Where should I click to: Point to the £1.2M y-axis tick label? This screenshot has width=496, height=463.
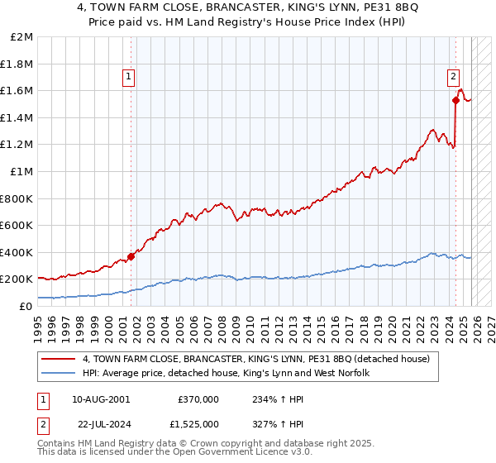pyautogui.click(x=17, y=145)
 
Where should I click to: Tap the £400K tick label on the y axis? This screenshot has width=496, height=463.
pyautogui.click(x=16, y=252)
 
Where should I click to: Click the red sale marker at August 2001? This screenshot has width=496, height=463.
pyautogui.click(x=131, y=256)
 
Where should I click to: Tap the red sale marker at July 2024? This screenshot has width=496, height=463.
pyautogui.click(x=455, y=101)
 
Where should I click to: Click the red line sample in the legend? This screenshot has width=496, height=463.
pyautogui.click(x=59, y=360)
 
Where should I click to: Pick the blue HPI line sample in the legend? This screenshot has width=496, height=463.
pyautogui.click(x=59, y=374)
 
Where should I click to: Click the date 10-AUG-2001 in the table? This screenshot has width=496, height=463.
pyautogui.click(x=101, y=399)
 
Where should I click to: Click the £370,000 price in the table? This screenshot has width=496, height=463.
pyautogui.click(x=198, y=399)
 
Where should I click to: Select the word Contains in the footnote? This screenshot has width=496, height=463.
pyautogui.click(x=57, y=445)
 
